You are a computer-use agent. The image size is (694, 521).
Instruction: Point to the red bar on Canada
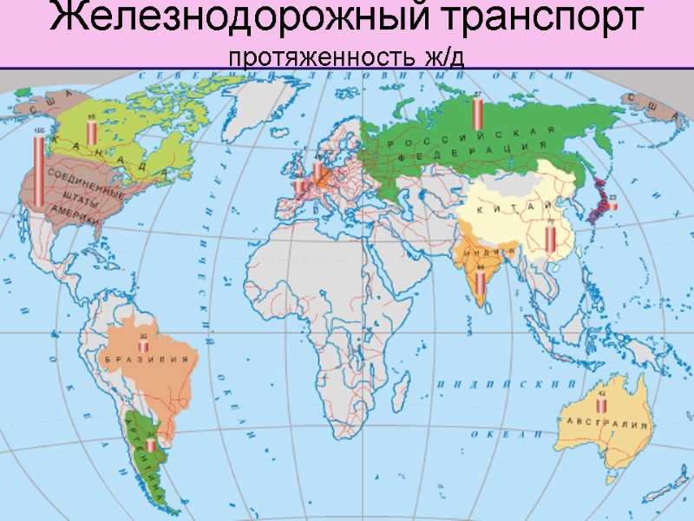[x=92, y=133]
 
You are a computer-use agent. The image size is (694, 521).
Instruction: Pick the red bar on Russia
[x=477, y=112]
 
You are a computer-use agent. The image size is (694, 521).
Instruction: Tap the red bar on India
[x=481, y=282]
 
